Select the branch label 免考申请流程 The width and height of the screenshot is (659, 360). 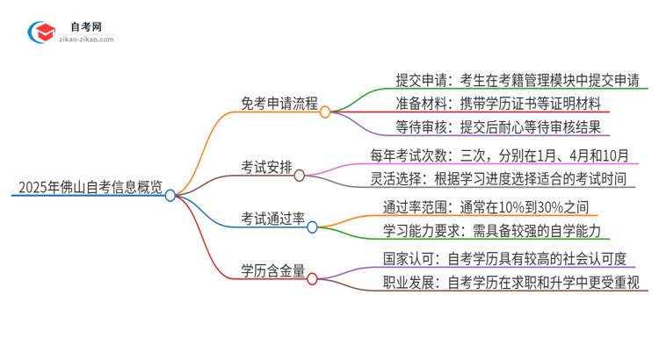[279, 102]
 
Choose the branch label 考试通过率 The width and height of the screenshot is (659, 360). [272, 216]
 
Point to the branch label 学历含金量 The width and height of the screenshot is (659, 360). [272, 270]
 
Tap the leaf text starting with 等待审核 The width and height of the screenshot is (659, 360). [498, 127]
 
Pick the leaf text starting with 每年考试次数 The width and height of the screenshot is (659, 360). [499, 156]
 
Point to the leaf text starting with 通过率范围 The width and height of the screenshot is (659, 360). [479, 208]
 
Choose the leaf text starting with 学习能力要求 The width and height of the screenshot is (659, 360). [490, 231]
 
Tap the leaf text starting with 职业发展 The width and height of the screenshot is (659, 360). [511, 284]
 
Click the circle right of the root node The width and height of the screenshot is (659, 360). [170, 195]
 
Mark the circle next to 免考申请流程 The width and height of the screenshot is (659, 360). [324, 112]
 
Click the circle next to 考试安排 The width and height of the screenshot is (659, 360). [300, 176]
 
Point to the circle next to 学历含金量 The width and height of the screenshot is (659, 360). [312, 280]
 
